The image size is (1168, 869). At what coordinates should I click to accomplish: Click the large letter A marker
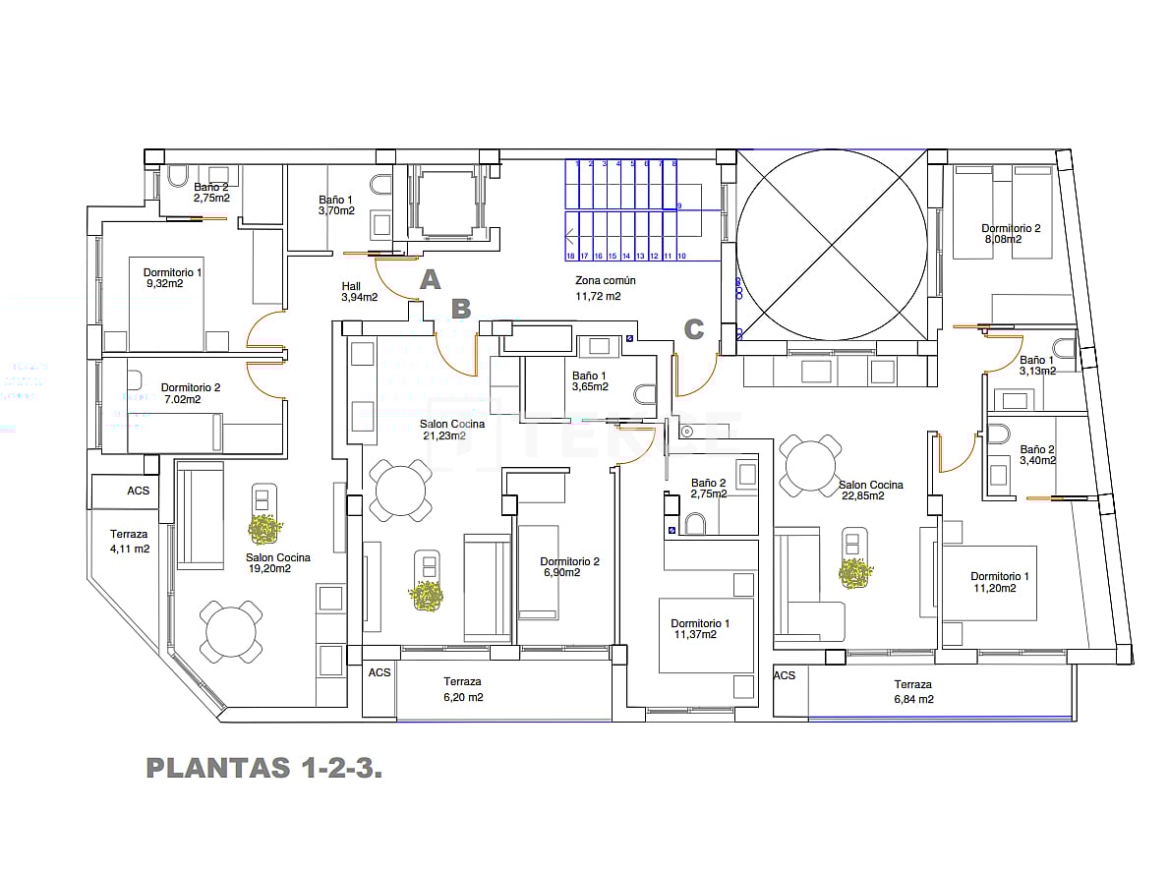[430, 280]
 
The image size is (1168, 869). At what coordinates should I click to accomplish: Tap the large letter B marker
[461, 309]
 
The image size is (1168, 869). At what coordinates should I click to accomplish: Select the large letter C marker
[694, 329]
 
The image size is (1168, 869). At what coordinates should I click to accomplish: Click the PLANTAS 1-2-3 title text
[263, 768]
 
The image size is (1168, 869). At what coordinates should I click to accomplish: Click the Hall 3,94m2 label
[359, 291]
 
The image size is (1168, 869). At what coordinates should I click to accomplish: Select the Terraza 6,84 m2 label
[912, 691]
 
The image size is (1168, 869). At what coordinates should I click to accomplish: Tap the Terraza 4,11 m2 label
[129, 542]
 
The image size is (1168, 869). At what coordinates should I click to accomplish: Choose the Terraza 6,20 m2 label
[462, 689]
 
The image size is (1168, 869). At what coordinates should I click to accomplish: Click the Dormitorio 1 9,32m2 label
[172, 278]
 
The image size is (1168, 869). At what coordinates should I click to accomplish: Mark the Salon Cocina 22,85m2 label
[870, 490]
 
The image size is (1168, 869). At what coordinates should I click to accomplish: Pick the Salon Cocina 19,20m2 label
[277, 563]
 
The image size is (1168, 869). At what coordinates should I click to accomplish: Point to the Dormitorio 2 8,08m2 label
[1011, 233]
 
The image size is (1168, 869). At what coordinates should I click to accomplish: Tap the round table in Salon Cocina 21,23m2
[400, 489]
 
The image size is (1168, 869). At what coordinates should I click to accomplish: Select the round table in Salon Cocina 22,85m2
[811, 465]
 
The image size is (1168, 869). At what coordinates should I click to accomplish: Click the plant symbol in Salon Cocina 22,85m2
[855, 573]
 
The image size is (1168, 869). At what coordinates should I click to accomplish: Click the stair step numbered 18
[570, 256]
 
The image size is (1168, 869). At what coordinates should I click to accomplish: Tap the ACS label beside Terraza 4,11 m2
[138, 490]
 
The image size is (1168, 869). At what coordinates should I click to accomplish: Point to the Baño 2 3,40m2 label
[1037, 454]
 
